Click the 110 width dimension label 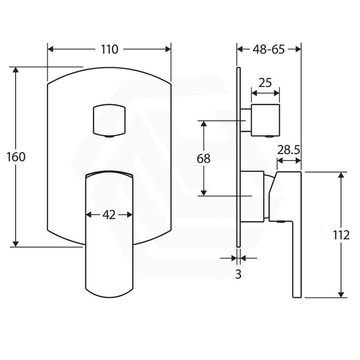pos(109,49)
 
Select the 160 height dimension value pos(16,157)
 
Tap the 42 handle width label pos(109,215)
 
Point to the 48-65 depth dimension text pos(269,49)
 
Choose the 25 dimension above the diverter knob pos(265,83)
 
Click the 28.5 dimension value pos(288,150)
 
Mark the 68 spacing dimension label pos(203,159)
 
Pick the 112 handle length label pos(341,235)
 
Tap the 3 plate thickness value pos(238,274)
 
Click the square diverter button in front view pos(109,121)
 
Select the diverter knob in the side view pos(265,120)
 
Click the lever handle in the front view pos(109,234)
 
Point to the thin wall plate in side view pos(238,157)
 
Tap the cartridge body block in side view pos(252,197)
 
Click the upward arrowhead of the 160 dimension pos(16,70)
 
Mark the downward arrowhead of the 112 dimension pos(341,295)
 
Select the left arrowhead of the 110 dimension pos(50,49)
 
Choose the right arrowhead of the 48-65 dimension pos(298,49)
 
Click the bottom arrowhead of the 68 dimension pos(204,193)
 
